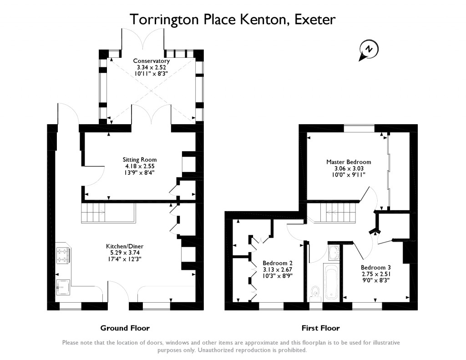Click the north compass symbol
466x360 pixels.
coord(369,49)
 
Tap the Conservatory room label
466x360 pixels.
coord(152,61)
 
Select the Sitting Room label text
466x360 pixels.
coord(140,160)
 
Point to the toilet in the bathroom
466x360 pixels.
coord(314,292)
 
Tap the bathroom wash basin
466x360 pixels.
coord(333,252)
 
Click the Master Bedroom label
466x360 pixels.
coord(349,162)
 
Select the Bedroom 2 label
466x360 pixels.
coord(278,263)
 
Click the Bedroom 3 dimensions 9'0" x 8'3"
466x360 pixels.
coord(375,280)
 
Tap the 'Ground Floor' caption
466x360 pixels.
coord(125,328)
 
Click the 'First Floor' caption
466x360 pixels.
coord(320,328)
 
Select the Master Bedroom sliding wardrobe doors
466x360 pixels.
coord(389,171)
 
